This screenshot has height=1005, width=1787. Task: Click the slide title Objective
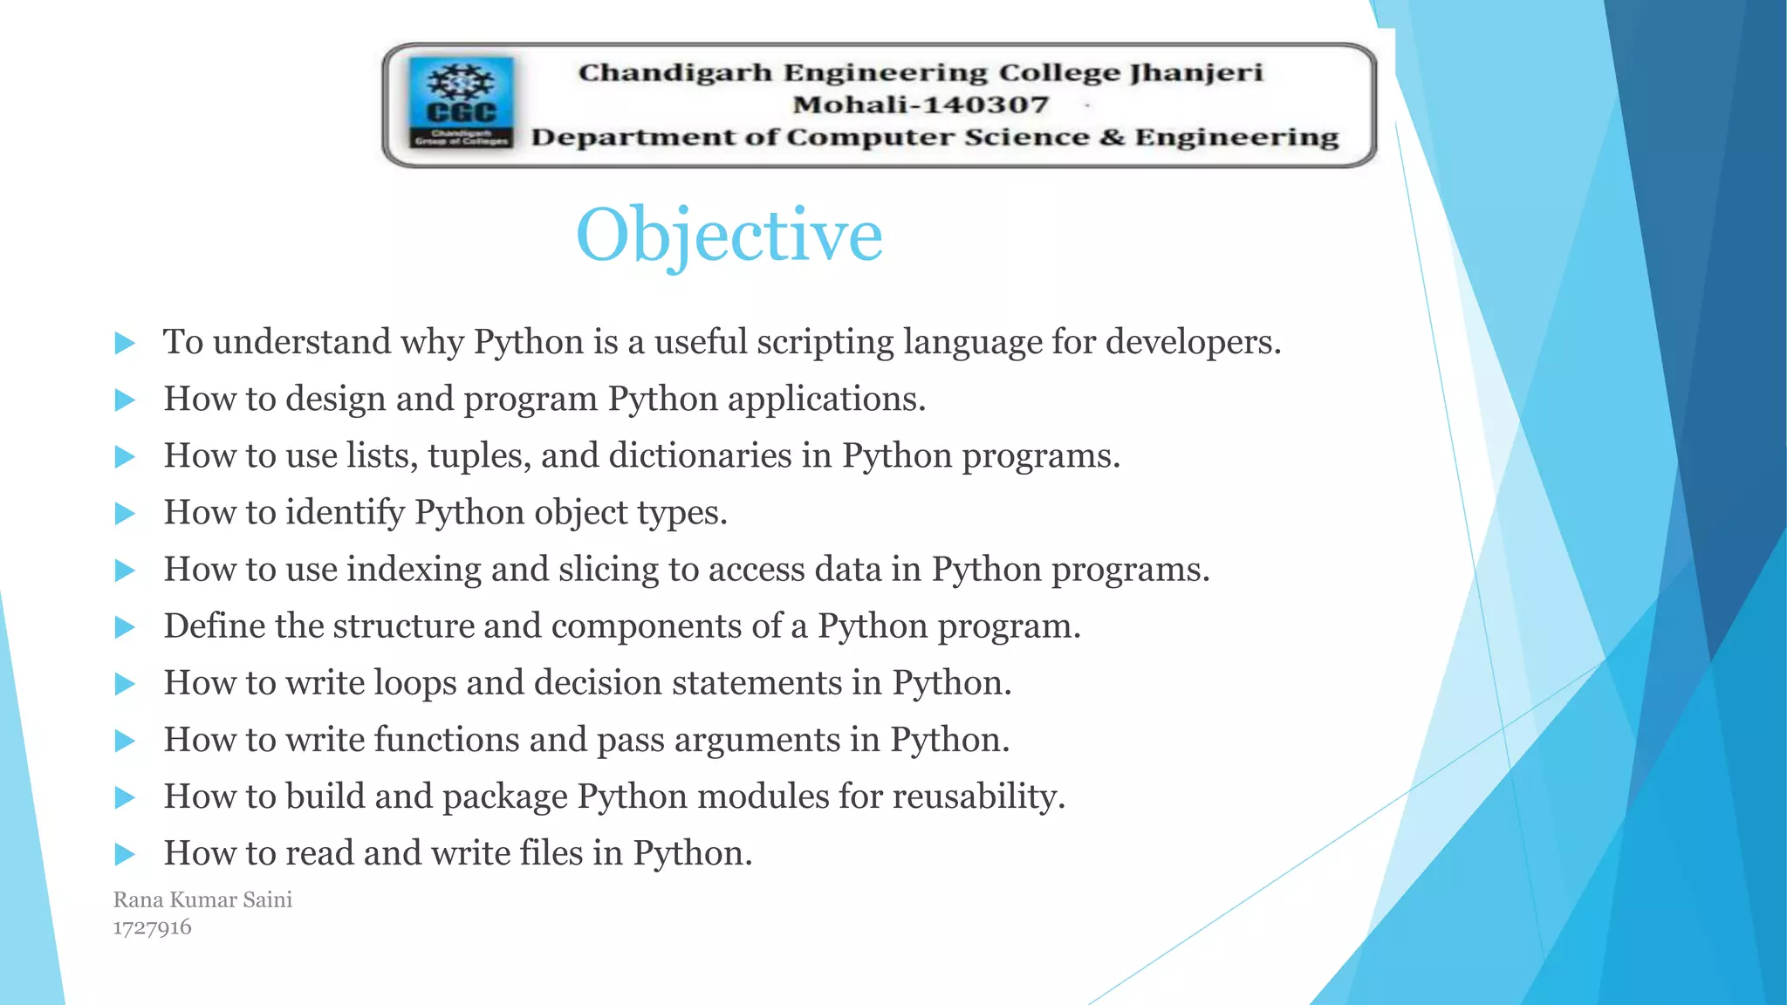pos(729,236)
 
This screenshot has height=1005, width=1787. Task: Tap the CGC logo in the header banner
pos(461,103)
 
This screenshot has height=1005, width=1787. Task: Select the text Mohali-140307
pos(920,105)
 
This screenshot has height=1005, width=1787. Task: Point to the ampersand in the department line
pos(1112,137)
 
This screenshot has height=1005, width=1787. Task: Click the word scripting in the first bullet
pos(825,342)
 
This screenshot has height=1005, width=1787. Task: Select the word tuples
pos(479,456)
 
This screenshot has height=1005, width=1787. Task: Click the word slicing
pos(607,570)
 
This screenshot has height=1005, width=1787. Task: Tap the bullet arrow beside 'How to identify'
pos(125,514)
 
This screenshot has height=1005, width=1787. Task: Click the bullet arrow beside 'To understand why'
pos(125,343)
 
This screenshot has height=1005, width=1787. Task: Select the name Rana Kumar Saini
pos(202,899)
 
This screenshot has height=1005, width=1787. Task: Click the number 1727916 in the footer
pos(152,927)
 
